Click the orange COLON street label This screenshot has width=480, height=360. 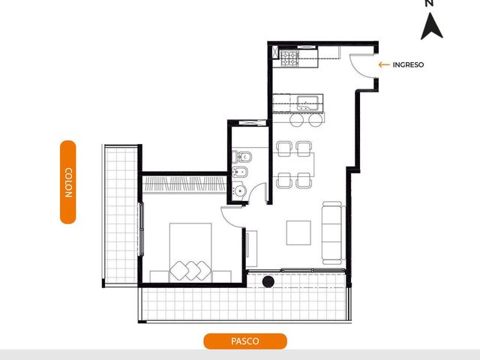(68, 182)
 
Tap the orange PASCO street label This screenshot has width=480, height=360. (245, 341)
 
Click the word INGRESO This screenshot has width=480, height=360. (408, 64)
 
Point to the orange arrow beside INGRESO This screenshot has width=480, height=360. (384, 64)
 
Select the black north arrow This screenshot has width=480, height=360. (432, 26)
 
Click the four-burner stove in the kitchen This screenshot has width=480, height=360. (290, 58)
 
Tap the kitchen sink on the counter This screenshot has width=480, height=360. (308, 103)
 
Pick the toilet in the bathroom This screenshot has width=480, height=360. (241, 157)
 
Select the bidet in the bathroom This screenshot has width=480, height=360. (240, 172)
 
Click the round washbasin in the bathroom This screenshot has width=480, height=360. (240, 190)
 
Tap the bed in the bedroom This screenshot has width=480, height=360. (190, 253)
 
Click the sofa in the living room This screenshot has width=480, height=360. (333, 232)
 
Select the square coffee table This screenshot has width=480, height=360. (298, 232)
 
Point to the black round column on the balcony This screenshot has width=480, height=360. (268, 282)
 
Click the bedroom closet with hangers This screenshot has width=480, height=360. (184, 184)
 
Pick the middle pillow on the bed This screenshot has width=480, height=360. (192, 270)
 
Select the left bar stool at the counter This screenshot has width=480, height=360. (297, 120)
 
